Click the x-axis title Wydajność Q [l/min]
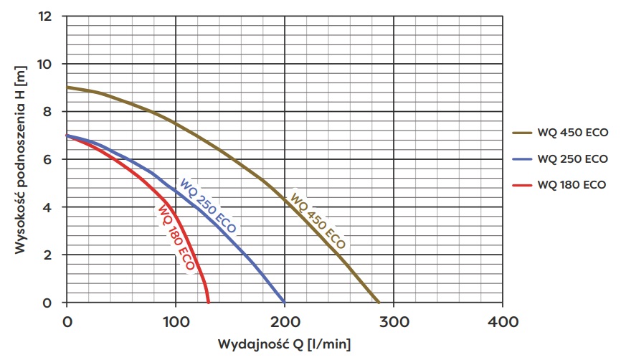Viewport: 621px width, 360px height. tap(285, 345)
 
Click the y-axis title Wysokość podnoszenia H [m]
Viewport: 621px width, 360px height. tap(19, 159)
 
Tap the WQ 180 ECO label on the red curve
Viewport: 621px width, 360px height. tap(175, 237)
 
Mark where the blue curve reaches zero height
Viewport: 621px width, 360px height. tap(284, 302)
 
